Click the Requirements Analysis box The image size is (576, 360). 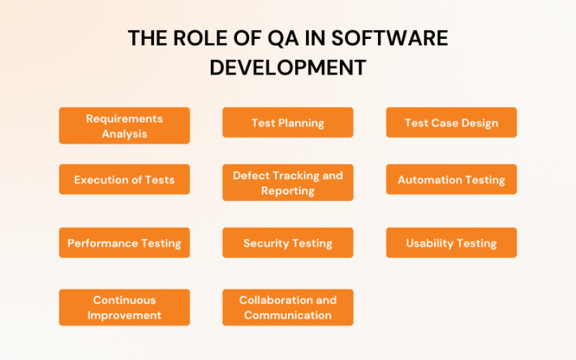124,126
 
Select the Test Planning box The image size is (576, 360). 287,123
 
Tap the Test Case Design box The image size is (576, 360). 451,123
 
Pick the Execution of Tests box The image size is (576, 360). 124,180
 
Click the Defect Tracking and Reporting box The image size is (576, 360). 287,182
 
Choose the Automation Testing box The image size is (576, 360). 451,180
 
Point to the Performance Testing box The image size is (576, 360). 124,243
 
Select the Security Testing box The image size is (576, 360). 287,243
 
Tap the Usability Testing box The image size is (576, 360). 451,243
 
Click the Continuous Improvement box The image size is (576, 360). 124,307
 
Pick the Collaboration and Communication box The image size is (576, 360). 287,307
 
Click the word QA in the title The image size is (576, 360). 273,39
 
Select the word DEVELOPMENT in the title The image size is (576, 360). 287,68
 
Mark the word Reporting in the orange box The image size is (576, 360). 287,191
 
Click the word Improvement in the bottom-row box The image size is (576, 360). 124,315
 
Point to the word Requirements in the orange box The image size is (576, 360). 124,118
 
